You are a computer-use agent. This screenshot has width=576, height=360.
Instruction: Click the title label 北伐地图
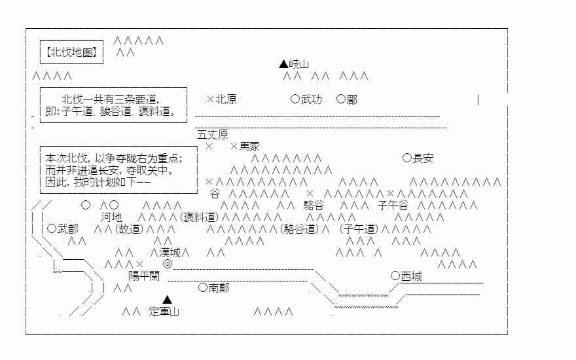[x=72, y=52]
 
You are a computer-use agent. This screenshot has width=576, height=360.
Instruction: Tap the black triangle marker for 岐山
[x=283, y=64]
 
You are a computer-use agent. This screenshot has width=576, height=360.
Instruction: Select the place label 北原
[x=226, y=99]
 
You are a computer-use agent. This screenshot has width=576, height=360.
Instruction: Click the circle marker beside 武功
[x=295, y=99]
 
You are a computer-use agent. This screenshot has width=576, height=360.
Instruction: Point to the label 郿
[x=352, y=99]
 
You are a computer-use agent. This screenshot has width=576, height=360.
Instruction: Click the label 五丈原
[x=213, y=135]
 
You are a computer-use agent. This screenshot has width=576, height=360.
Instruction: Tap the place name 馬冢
[x=249, y=147]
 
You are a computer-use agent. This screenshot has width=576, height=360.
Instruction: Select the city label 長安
[x=423, y=158]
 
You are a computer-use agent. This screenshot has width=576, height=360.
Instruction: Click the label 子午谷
[x=393, y=206]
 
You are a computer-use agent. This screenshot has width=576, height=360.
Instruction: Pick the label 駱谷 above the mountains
[x=314, y=206]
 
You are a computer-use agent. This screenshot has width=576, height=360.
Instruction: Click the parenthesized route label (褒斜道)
[x=198, y=217]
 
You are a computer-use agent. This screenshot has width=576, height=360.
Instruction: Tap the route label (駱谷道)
[x=299, y=229]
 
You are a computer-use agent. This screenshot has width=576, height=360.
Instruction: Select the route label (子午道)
[x=359, y=229]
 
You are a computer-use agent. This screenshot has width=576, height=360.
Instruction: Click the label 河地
[x=111, y=217]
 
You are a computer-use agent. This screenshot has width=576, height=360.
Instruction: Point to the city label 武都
[x=67, y=229]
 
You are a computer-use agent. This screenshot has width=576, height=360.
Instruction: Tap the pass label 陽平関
[x=144, y=276]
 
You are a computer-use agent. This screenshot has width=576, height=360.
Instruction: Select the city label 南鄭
[x=219, y=288]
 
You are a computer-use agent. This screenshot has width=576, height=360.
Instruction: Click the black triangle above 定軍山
[x=168, y=300]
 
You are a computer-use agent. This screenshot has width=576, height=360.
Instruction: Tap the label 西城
[x=411, y=276]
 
